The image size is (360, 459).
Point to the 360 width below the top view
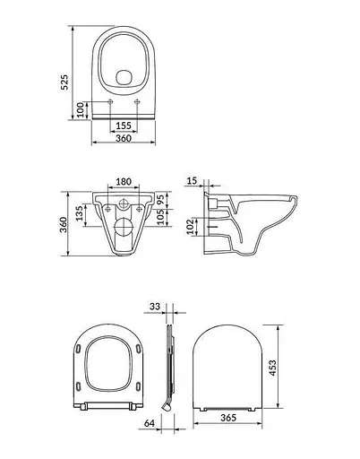tap(124, 138)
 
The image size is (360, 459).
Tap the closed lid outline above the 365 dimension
tap(227, 368)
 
